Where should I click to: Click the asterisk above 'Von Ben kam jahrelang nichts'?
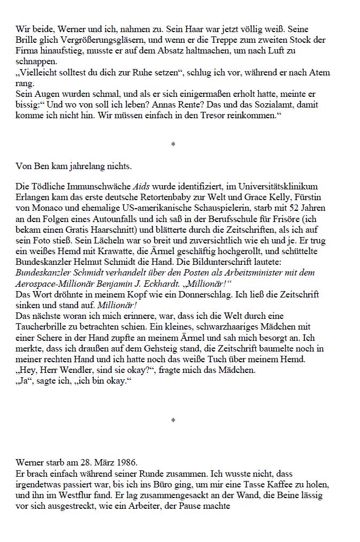tap(173, 144)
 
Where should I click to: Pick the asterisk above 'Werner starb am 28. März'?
tap(173, 421)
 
